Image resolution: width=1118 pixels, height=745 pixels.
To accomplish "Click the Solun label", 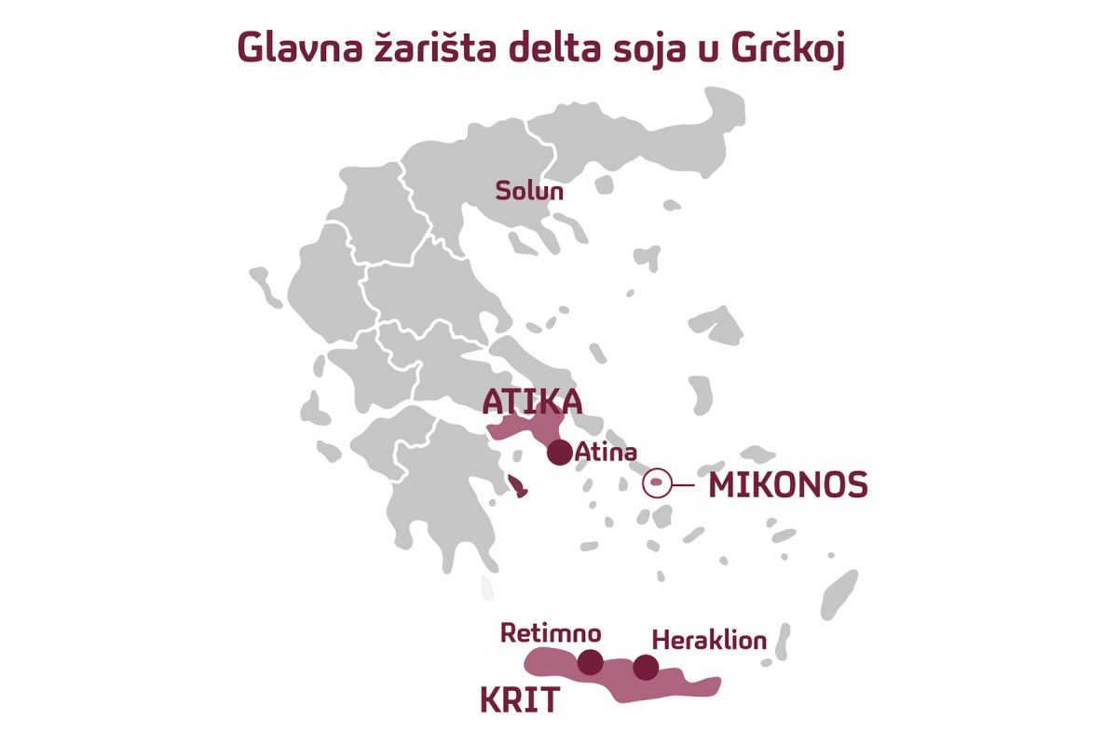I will coord(530,191).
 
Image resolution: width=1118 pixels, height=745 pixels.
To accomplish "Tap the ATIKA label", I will coord(532,401).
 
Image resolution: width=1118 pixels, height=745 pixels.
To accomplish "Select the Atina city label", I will coord(606,454).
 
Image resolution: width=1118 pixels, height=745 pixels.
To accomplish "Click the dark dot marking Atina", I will coord(559,453).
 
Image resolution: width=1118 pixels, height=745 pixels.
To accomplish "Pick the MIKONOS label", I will coord(788,485).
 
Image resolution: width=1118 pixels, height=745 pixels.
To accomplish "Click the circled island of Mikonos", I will coord(657,484).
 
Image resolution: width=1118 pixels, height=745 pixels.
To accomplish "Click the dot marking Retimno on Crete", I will coord(590,662).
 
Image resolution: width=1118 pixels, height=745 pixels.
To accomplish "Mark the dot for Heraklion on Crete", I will coord(645,667).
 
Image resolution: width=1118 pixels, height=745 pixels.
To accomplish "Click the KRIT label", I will coord(520,700).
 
